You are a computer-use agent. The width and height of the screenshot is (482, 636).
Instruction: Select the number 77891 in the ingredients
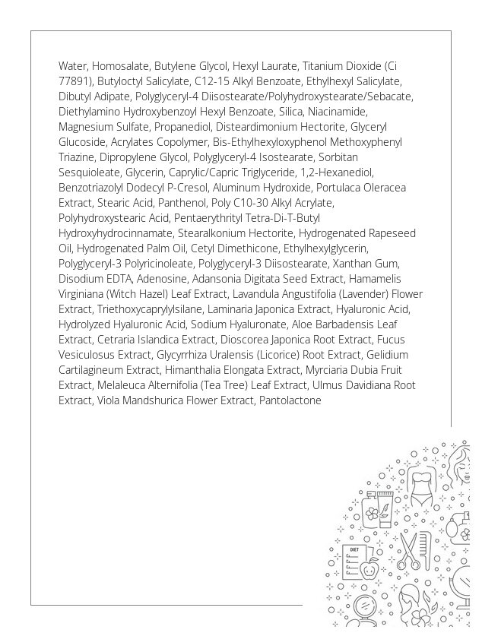pyautogui.click(x=75, y=81)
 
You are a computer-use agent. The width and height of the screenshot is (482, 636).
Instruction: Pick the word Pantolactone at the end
pyautogui.click(x=290, y=400)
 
